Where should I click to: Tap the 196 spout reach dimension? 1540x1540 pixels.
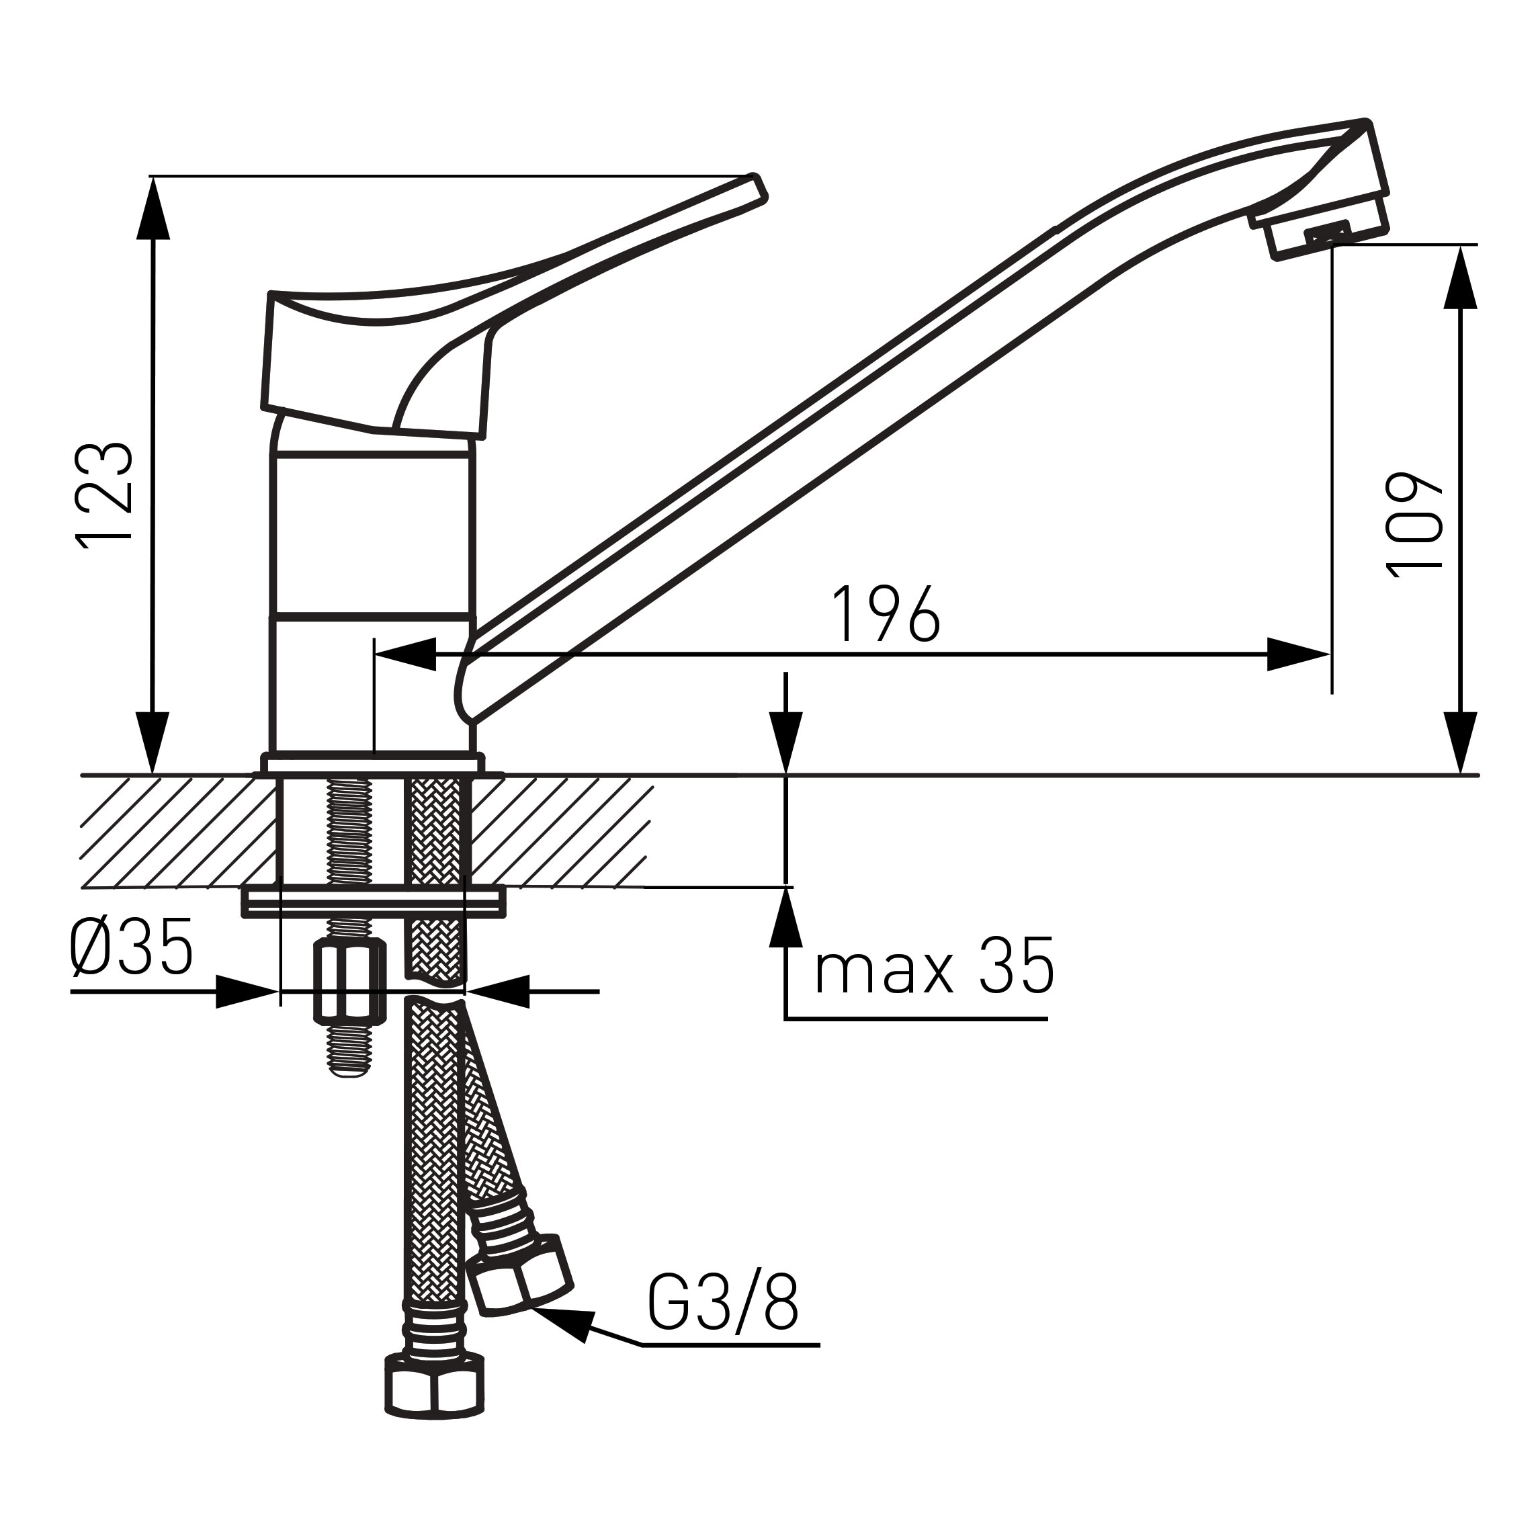point(886,615)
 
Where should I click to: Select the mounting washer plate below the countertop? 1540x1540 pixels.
point(373,902)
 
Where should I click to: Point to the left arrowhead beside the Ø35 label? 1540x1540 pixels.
point(247,992)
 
